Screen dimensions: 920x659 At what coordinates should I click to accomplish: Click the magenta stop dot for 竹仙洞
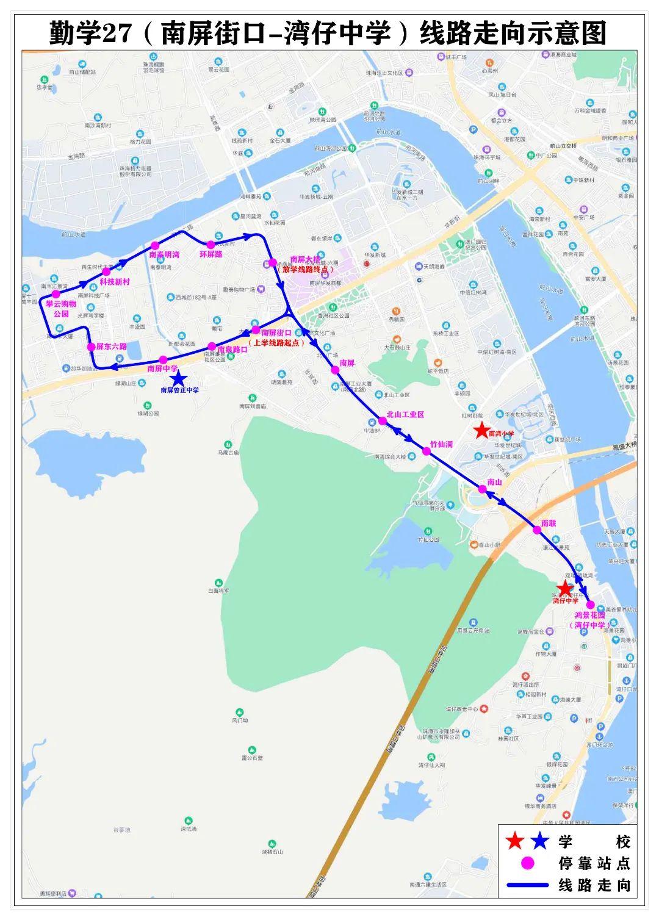tap(426, 451)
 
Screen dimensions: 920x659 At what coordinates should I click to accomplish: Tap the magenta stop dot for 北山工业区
tap(383, 421)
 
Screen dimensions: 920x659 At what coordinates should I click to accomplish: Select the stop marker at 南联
tap(537, 530)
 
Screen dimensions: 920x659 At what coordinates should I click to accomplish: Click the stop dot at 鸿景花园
tap(590, 605)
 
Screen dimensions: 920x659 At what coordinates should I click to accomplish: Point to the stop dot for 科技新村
tap(106, 271)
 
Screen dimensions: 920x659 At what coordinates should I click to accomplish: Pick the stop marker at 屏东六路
tap(91, 347)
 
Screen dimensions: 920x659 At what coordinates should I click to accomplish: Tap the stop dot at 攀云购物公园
tap(56, 294)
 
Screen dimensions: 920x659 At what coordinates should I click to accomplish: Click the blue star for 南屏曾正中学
tap(178, 379)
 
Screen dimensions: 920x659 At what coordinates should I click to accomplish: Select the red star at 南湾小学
tap(481, 429)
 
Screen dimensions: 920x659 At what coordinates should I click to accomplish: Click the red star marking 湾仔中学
tap(564, 588)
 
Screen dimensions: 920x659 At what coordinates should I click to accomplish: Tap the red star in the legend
tap(515, 842)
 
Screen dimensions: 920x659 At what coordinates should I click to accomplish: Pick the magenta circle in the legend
tap(528, 863)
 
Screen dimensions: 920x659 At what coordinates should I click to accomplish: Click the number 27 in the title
tap(115, 34)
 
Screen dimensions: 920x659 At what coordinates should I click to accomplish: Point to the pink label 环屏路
tap(211, 254)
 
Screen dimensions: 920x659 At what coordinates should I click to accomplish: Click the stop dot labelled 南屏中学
tap(163, 360)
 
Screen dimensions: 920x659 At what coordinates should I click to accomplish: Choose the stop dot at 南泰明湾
tap(155, 246)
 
